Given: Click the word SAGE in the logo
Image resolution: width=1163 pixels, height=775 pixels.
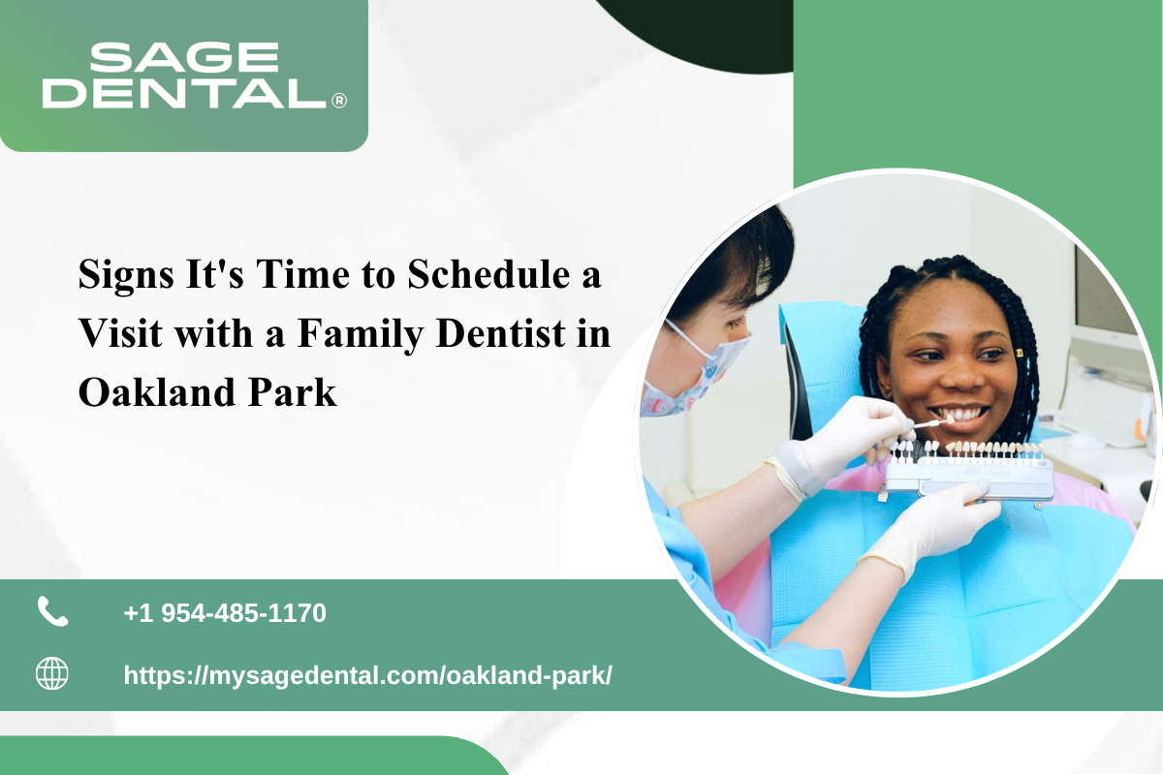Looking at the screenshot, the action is click(184, 57).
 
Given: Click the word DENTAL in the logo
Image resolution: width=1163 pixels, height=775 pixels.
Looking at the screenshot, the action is click(184, 93).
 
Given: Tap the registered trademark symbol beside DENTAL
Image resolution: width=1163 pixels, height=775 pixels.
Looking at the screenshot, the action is click(339, 100).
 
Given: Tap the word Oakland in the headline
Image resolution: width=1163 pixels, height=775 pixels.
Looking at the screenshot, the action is click(157, 392).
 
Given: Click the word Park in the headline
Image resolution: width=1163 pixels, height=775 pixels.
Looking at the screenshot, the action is click(293, 392).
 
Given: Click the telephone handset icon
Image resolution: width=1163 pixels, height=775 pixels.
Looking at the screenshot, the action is click(52, 611).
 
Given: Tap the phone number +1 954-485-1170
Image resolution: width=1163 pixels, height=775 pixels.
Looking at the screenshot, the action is click(225, 613).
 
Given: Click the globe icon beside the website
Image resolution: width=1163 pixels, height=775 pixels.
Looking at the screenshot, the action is click(52, 673).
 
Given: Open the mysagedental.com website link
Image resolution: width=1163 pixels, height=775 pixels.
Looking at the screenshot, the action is click(367, 676).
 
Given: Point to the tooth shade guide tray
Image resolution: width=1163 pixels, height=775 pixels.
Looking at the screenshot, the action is click(968, 470).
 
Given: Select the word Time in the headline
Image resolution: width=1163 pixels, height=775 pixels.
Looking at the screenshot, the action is click(302, 274).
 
